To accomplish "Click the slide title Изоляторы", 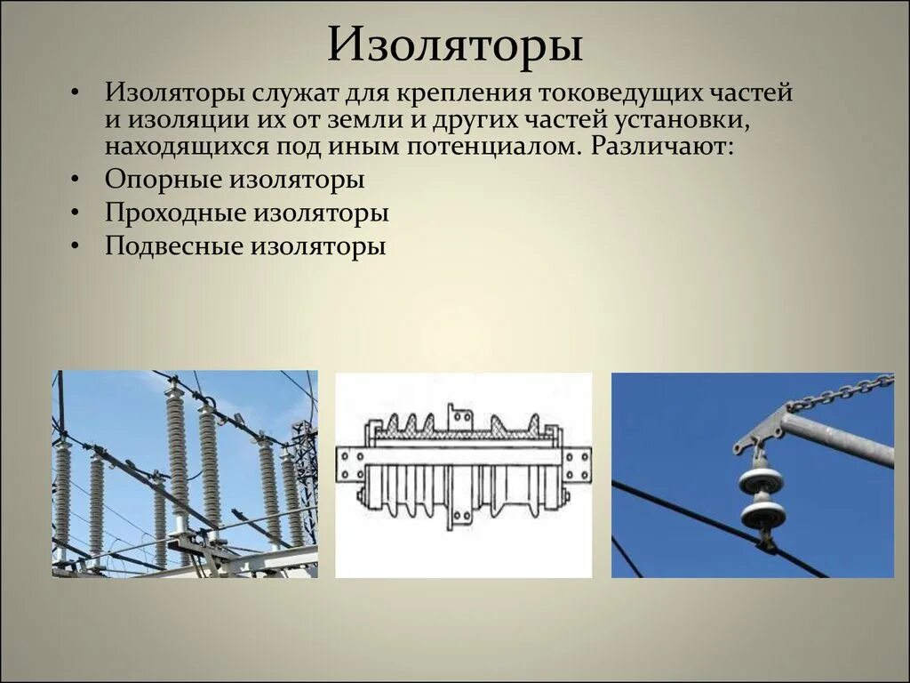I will pos(454,45).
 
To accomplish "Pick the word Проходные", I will pos(176,213).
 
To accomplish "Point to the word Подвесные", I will pos(174,246).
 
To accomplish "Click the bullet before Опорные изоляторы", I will pos(76,180).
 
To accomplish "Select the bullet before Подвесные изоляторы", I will pos(76,246).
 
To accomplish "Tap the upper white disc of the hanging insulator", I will pos(761,480).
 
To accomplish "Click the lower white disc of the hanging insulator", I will pos(763,513).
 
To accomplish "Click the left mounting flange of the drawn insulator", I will pos(348,464).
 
